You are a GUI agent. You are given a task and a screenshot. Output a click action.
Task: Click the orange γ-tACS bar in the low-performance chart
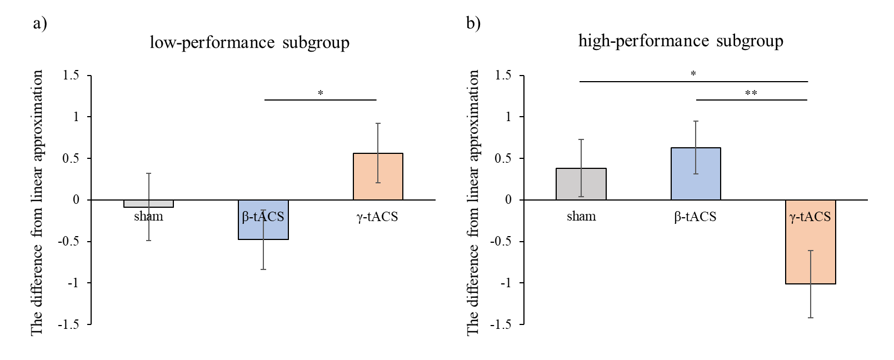tap(378, 177)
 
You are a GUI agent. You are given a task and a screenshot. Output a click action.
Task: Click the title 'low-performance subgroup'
tap(249, 43)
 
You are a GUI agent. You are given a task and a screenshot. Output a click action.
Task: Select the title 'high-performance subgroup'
tap(681, 41)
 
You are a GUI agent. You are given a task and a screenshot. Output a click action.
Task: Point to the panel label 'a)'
tap(40, 23)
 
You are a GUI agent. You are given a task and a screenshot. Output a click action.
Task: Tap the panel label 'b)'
tap(473, 23)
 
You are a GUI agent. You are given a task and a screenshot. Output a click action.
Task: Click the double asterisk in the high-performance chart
tap(751, 93)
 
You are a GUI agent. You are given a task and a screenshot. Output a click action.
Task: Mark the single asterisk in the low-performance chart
tap(321, 93)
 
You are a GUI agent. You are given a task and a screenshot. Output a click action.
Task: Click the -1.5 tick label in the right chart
tap(501, 324)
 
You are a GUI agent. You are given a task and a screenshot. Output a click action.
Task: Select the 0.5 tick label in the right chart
tap(503, 158)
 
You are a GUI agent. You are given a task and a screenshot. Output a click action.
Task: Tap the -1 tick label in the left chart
tap(73, 283)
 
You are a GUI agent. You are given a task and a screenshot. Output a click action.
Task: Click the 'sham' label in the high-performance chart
tap(581, 216)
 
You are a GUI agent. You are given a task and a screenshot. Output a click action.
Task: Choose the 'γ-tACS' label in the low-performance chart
tap(377, 216)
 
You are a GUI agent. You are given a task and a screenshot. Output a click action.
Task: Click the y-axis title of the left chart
tap(37, 202)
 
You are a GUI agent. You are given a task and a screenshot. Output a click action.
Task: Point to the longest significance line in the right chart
tap(693, 82)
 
